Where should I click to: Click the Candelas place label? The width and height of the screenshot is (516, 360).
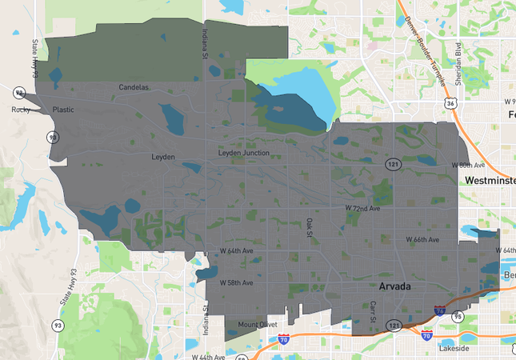134,87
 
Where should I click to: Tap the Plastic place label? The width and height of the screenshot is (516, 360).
63,110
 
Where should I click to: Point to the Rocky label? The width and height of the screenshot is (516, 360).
20,110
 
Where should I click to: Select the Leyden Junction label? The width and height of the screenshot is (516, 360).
243,153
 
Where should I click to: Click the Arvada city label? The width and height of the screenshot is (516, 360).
396,285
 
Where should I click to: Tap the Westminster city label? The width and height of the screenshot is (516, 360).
490,181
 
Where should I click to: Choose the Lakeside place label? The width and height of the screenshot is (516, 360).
456,350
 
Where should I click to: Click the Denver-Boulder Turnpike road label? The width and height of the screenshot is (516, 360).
429,45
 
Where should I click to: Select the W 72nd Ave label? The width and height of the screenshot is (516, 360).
362,208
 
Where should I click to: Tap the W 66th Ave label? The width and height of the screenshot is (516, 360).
422,240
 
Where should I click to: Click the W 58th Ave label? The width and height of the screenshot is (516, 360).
236,283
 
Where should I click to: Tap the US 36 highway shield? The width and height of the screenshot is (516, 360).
452,104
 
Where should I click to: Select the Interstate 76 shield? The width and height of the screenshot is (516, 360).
439,310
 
